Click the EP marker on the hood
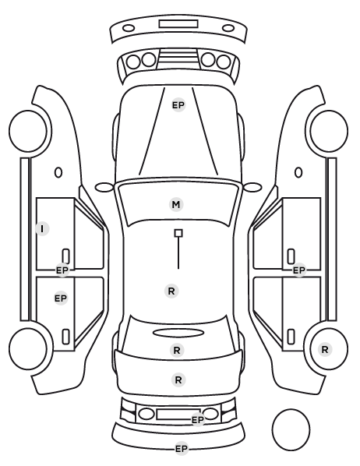point(178,105)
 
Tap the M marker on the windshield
point(176,204)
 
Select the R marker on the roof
point(171,291)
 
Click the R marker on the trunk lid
point(178,380)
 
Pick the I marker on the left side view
point(42,229)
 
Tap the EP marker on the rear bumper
point(182,448)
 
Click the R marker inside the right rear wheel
point(325,349)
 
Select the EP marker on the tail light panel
point(198,420)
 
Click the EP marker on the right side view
point(299,270)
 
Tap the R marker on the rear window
point(177,350)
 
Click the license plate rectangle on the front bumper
point(178,24)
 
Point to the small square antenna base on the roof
point(178,233)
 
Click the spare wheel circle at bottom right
point(291,429)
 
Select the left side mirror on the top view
point(104,187)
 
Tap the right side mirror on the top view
point(252,187)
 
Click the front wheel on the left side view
point(28,132)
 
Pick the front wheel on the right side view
point(329,132)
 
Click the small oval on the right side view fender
point(298,172)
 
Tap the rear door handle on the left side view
point(65,337)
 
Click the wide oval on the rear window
point(178,333)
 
